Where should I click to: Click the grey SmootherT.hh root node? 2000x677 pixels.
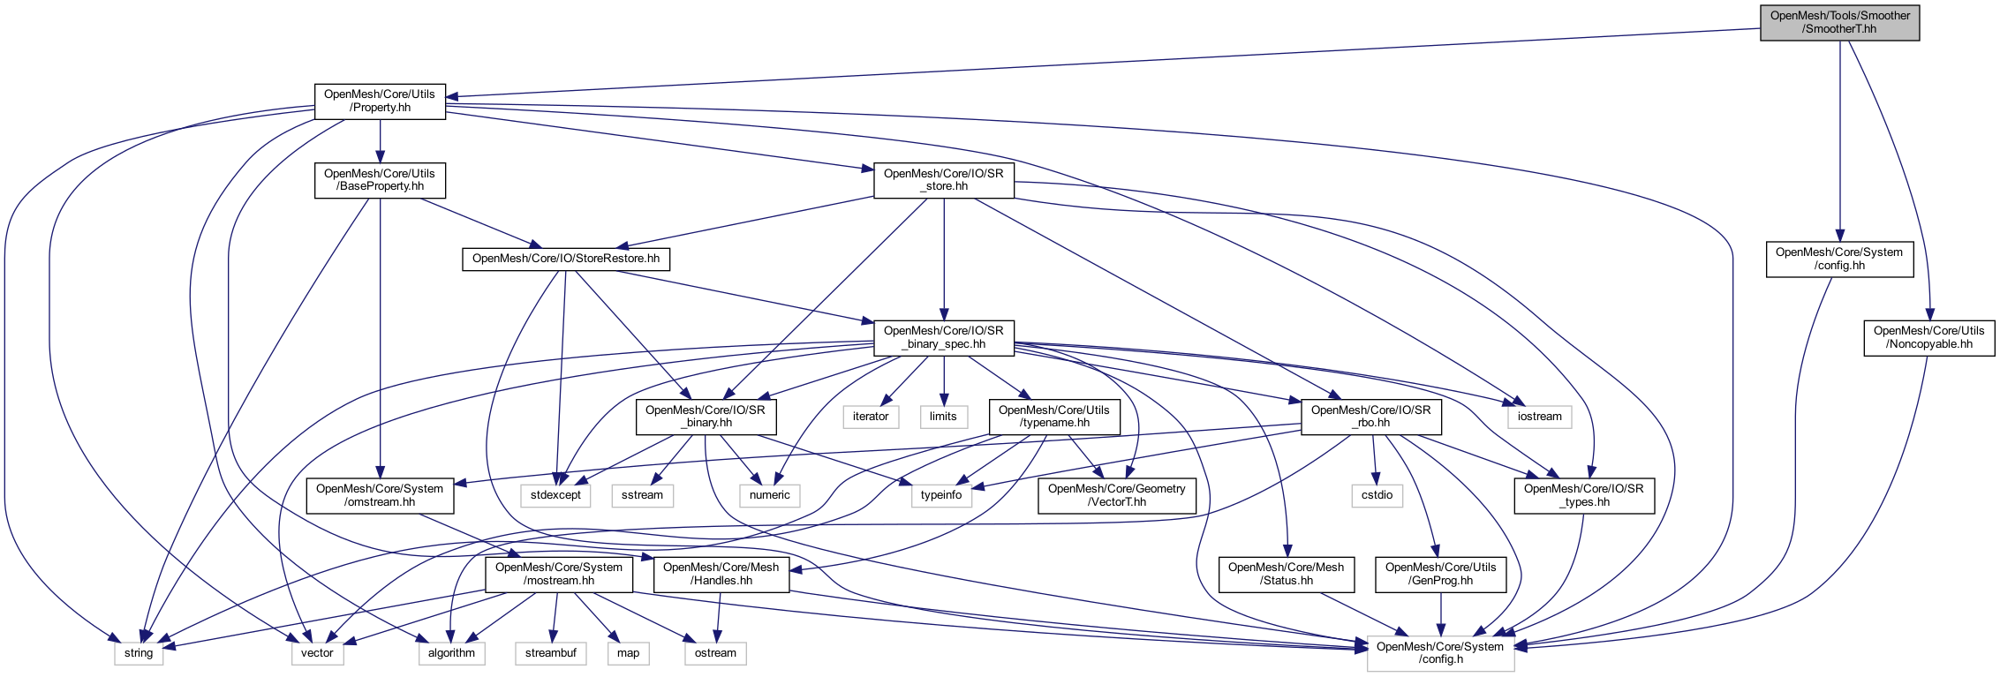click(1839, 22)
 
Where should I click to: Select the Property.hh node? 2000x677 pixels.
click(380, 102)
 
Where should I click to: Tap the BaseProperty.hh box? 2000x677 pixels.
click(380, 180)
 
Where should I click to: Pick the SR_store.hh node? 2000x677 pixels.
click(943, 180)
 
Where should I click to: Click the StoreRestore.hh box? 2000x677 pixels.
click(565, 259)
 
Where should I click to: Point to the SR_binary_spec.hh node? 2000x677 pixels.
click(943, 337)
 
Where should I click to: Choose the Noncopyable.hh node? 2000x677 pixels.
click(1928, 337)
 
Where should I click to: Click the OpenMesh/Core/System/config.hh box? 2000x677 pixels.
click(1839, 259)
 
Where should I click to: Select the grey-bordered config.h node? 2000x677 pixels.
click(1440, 653)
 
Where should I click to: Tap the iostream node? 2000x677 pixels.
click(1539, 417)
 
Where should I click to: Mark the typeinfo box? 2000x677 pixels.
click(941, 495)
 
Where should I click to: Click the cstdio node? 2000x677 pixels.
click(1377, 495)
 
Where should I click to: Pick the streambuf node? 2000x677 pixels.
click(550, 653)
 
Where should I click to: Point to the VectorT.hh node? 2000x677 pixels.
click(1116, 495)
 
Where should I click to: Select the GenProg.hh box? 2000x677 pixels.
click(1440, 574)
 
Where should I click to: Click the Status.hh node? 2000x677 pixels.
click(1286, 574)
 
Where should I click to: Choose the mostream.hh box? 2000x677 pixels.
click(558, 574)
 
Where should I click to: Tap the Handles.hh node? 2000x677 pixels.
click(721, 574)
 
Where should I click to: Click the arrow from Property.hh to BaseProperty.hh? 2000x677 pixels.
click(380, 141)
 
